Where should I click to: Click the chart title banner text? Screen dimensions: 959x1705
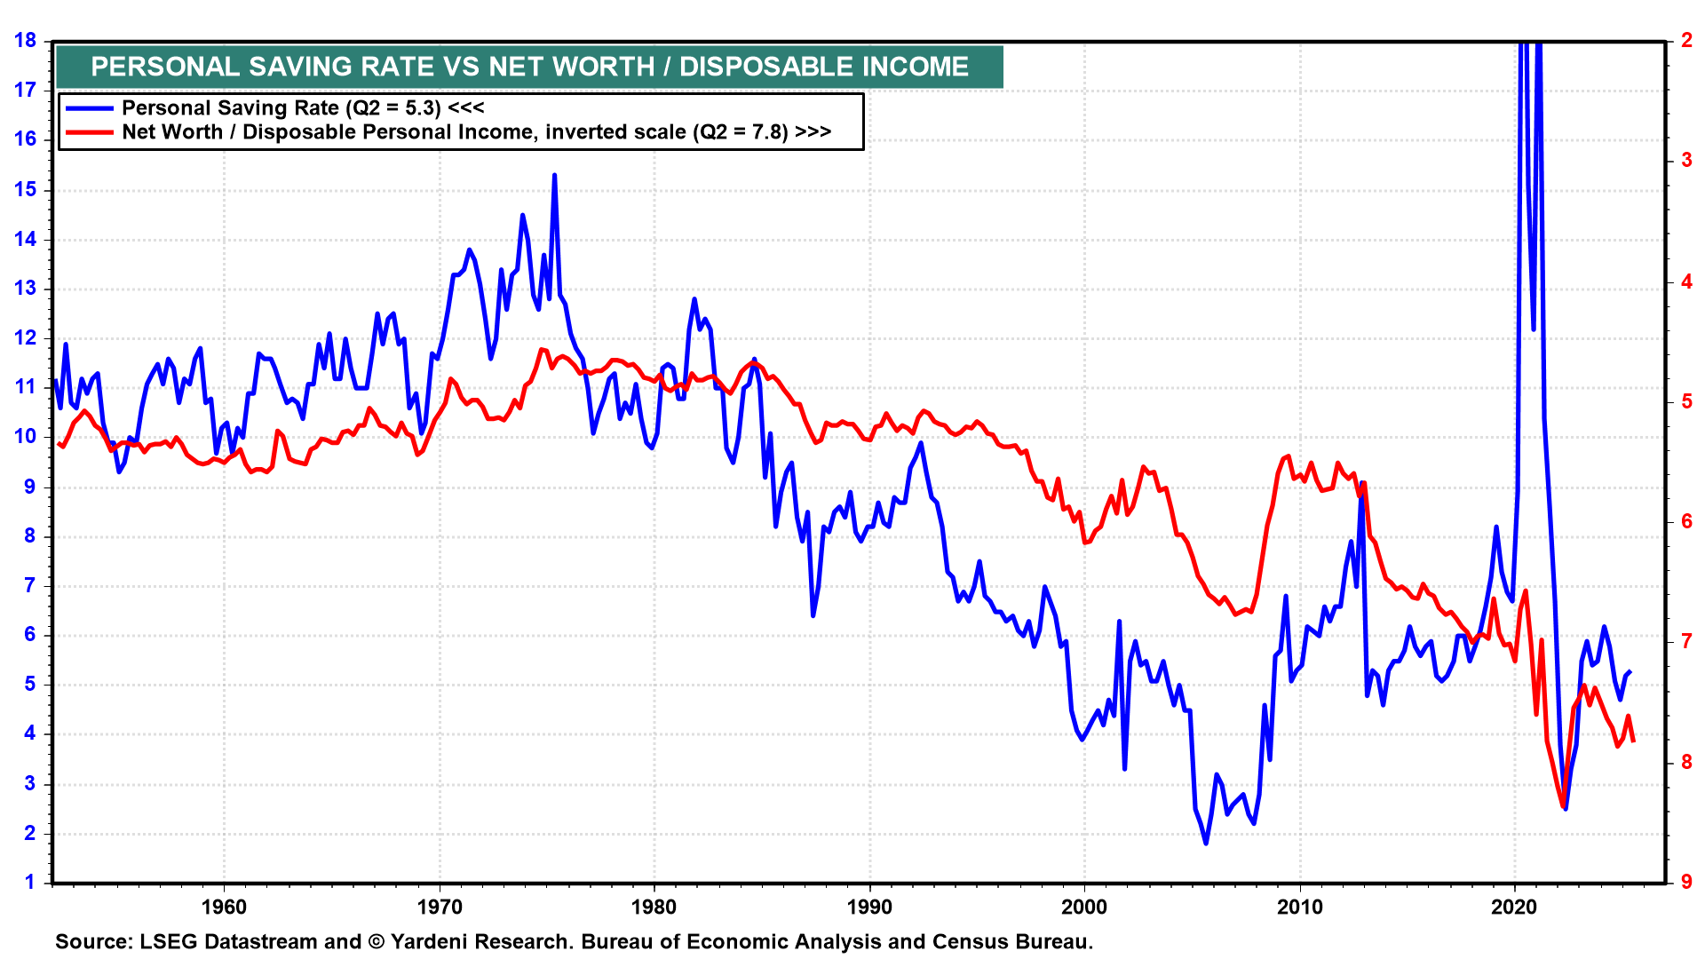(x=529, y=67)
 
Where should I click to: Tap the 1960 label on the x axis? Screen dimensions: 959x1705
(x=224, y=907)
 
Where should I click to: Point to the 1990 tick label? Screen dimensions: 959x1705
(x=869, y=907)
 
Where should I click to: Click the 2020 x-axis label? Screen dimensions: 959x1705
(x=1514, y=907)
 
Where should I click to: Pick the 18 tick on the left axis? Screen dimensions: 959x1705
(x=25, y=40)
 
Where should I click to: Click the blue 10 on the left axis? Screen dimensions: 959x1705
(x=25, y=436)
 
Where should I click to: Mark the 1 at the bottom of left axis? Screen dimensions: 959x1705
(x=30, y=882)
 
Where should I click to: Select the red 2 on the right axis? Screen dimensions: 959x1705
(x=1686, y=40)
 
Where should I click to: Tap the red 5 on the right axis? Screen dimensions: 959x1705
(x=1686, y=401)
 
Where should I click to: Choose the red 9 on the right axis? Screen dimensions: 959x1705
(x=1686, y=882)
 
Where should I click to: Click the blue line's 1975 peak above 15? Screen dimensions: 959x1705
(x=554, y=176)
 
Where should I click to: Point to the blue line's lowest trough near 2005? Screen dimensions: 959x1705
(x=1206, y=842)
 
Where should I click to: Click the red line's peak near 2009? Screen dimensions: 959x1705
(x=1289, y=456)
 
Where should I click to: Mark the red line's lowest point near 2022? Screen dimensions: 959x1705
(x=1564, y=806)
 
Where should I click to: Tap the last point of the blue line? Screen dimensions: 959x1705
(x=1630, y=672)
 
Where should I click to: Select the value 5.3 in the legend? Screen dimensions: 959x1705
(x=421, y=108)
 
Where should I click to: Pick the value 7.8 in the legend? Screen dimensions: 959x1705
(x=768, y=132)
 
